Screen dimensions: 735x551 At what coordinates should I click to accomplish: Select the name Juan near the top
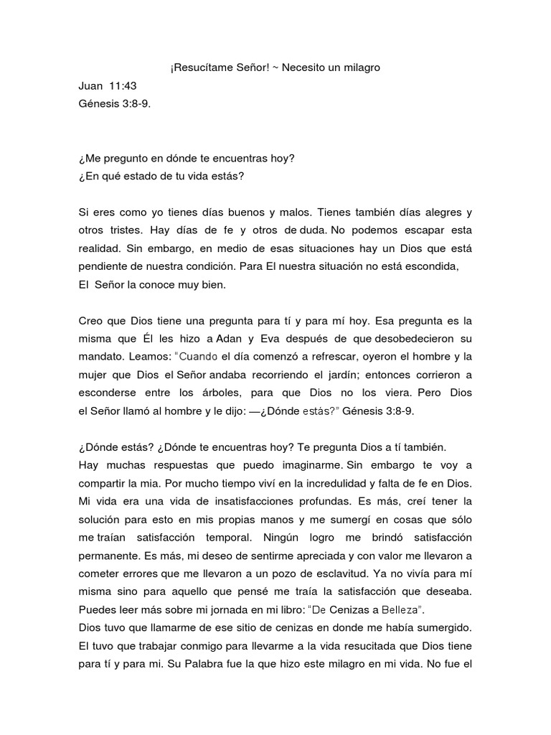point(90,86)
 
